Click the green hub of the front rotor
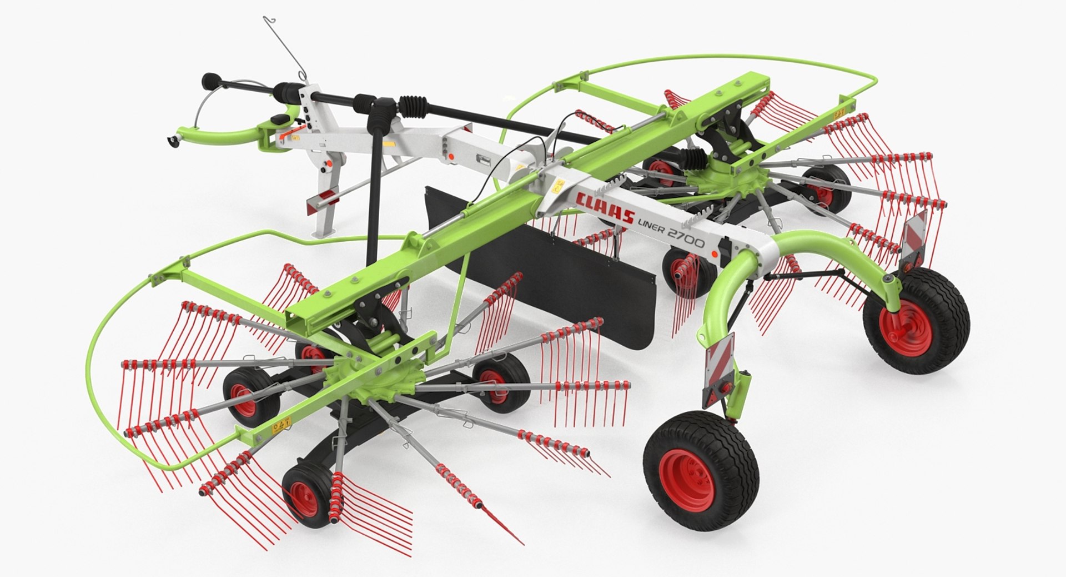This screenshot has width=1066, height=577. click(x=369, y=379)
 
